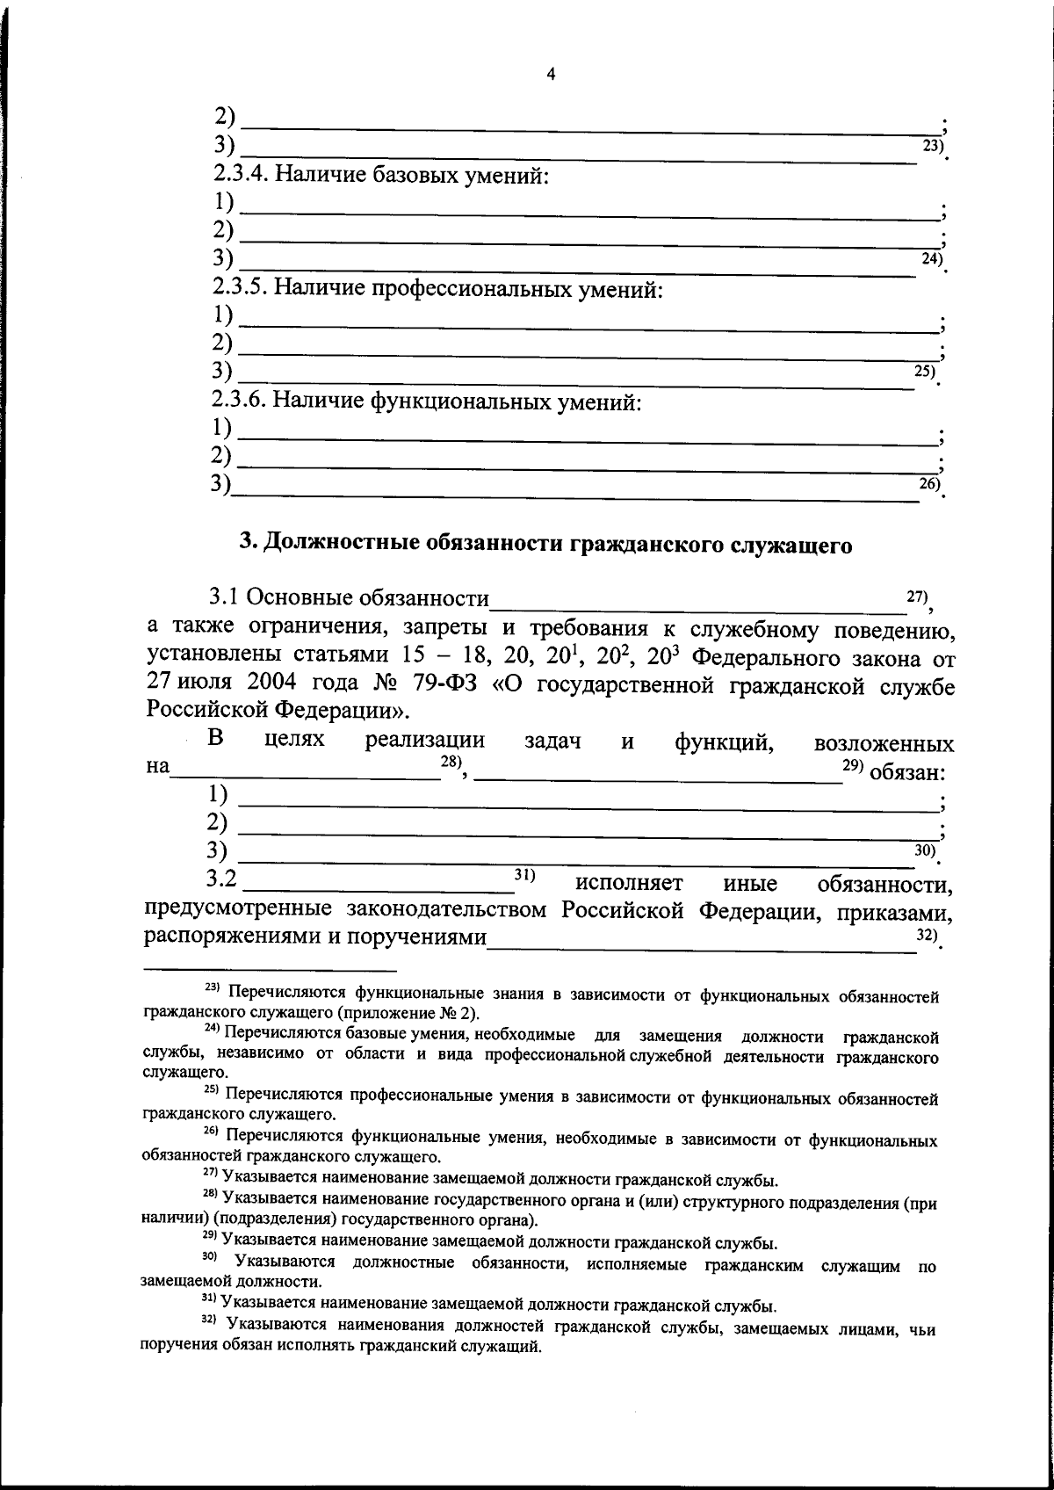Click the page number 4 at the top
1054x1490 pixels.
point(551,76)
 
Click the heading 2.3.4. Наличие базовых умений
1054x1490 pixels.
point(380,175)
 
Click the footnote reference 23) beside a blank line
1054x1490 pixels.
point(932,146)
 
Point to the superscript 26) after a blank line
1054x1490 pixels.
point(929,483)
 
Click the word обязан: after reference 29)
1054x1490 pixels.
point(907,773)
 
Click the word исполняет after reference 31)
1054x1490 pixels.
point(630,882)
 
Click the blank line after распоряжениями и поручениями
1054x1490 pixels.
point(694,945)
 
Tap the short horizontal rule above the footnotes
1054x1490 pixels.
point(270,971)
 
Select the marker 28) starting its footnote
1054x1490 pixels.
point(210,1194)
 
